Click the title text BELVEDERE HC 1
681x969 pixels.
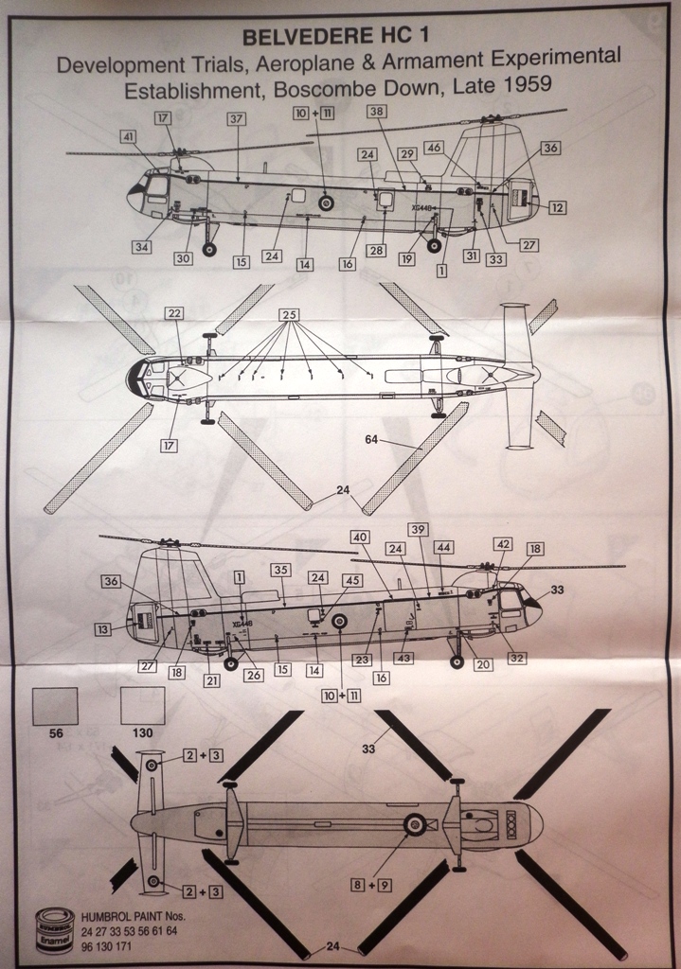tap(339, 38)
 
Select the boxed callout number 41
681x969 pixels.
tap(127, 136)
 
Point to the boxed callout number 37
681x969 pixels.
tap(236, 118)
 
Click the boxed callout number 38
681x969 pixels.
tap(377, 111)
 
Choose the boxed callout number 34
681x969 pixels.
tap(141, 247)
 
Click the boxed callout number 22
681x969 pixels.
tap(173, 313)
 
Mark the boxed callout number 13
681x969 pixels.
tap(103, 628)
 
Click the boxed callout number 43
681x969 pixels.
tap(403, 658)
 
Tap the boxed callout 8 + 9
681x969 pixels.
tap(371, 885)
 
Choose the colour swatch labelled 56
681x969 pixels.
tap(55, 705)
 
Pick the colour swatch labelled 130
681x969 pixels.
tap(142, 705)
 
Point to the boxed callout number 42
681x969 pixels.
tap(503, 544)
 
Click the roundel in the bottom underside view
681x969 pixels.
tap(415, 825)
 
